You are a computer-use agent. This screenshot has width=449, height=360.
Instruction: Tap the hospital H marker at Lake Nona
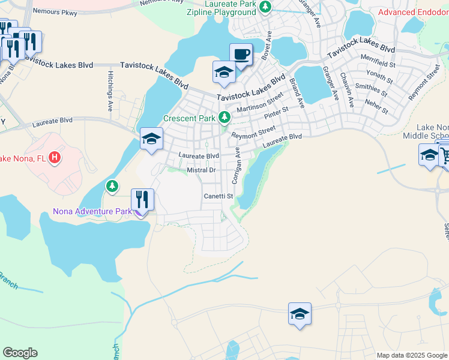tap(55, 158)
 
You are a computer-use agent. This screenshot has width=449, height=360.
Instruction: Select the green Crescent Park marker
tap(224, 117)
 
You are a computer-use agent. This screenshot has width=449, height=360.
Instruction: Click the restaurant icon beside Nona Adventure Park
tap(142, 200)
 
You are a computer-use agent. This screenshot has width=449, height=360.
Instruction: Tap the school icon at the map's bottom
tap(300, 314)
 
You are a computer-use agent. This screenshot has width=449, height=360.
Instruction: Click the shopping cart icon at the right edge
tap(444, 156)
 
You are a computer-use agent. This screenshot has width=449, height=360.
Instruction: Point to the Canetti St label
tap(218, 196)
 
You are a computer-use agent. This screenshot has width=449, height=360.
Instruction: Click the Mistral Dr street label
tap(201, 170)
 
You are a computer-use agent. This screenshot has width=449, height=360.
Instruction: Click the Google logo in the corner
tap(20, 353)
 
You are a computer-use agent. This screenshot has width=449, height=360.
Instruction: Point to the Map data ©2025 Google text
tap(412, 355)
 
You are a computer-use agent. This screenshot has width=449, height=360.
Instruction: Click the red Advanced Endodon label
tap(413, 12)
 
